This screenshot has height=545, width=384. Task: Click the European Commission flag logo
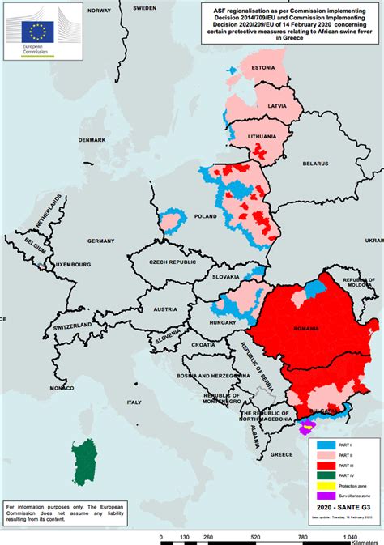point(37,32)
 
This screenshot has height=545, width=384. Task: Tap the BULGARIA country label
point(322,411)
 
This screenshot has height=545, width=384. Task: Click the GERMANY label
point(101,241)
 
